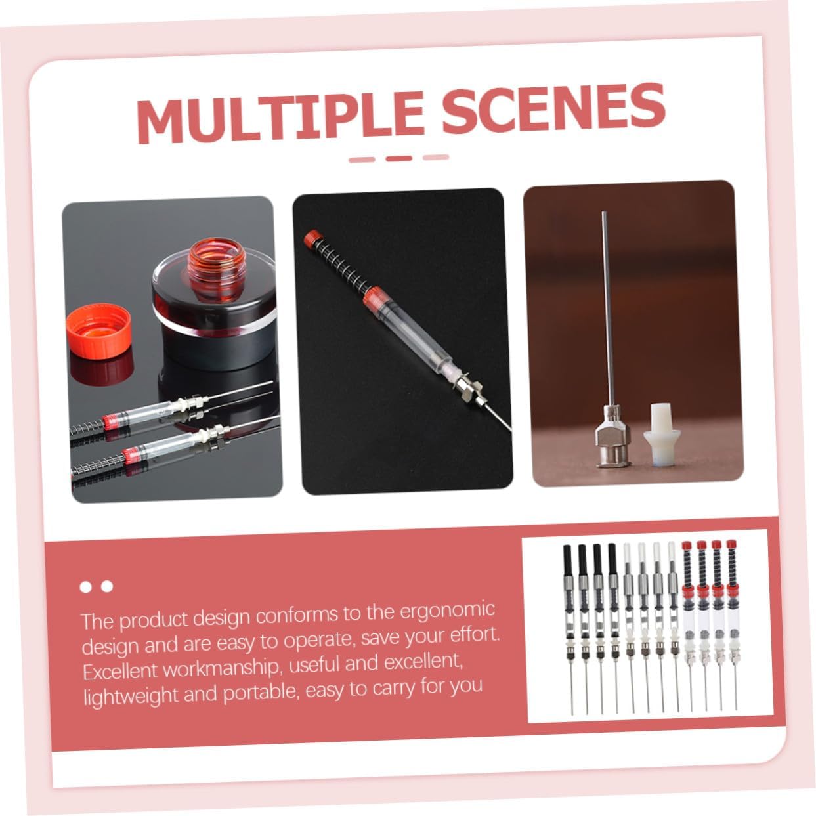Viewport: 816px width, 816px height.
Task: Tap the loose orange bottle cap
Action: click(x=98, y=330)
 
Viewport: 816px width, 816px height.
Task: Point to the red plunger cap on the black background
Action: click(x=313, y=238)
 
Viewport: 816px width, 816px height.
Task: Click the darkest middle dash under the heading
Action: click(x=398, y=158)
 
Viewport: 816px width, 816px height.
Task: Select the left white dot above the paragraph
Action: click(x=85, y=587)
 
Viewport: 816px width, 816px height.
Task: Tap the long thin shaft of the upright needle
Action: click(x=608, y=309)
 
